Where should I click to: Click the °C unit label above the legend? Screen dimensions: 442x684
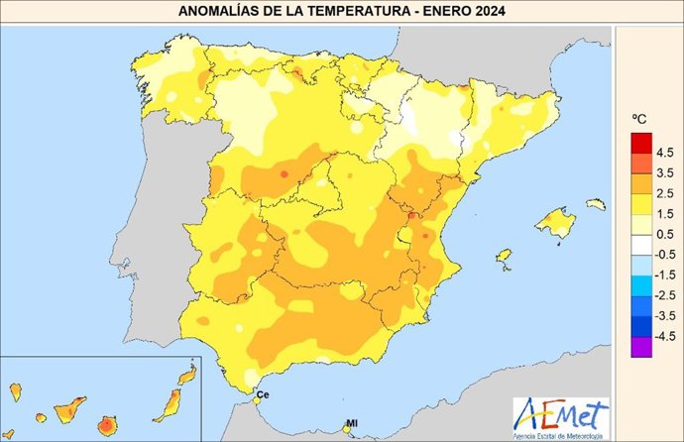(640, 120)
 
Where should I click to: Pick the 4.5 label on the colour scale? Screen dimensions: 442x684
(665, 153)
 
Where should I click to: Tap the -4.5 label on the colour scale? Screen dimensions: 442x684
(663, 337)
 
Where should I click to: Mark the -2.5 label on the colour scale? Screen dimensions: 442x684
(663, 295)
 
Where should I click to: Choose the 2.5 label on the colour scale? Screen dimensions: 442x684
(665, 192)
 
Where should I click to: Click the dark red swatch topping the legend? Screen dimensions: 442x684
(640, 142)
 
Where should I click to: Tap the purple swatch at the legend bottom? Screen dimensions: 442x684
(640, 347)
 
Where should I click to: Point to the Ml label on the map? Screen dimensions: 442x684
(350, 425)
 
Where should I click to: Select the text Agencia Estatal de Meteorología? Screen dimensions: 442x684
(562, 434)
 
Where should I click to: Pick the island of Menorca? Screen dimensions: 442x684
(595, 204)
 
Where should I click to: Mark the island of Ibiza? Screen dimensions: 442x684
(503, 257)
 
